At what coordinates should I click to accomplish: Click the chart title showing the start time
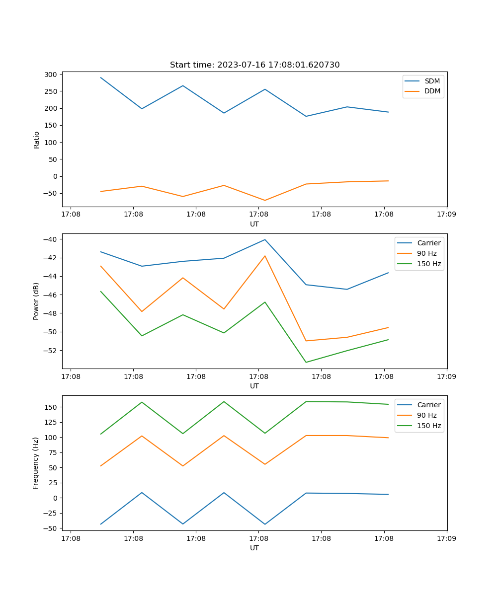click(x=254, y=65)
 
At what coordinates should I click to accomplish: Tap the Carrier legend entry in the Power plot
click(x=428, y=243)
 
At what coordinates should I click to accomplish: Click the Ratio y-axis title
click(x=36, y=140)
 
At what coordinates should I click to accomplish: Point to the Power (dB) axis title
click(x=36, y=301)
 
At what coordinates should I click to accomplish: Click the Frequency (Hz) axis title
click(x=36, y=463)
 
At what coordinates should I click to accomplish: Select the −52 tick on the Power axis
click(x=50, y=351)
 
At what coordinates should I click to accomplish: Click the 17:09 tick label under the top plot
click(x=446, y=215)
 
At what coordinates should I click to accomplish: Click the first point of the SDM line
click(x=101, y=77)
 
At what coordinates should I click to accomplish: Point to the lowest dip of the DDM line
click(x=265, y=200)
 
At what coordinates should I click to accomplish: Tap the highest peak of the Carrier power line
click(x=265, y=239)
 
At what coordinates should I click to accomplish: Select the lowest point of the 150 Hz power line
click(x=306, y=362)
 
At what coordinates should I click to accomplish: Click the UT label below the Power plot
click(x=254, y=386)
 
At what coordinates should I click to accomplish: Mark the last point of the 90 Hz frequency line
click(x=388, y=438)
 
